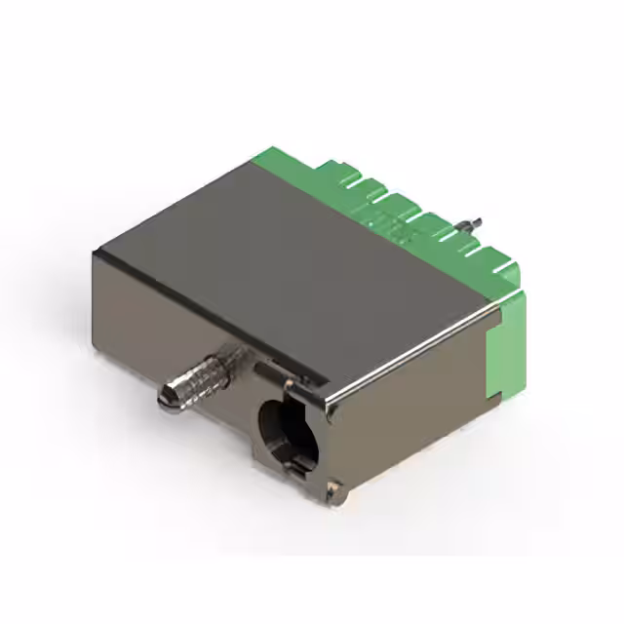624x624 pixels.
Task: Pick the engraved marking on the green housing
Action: point(395,229)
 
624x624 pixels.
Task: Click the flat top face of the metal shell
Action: point(292,253)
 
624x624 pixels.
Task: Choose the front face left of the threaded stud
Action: point(127,322)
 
